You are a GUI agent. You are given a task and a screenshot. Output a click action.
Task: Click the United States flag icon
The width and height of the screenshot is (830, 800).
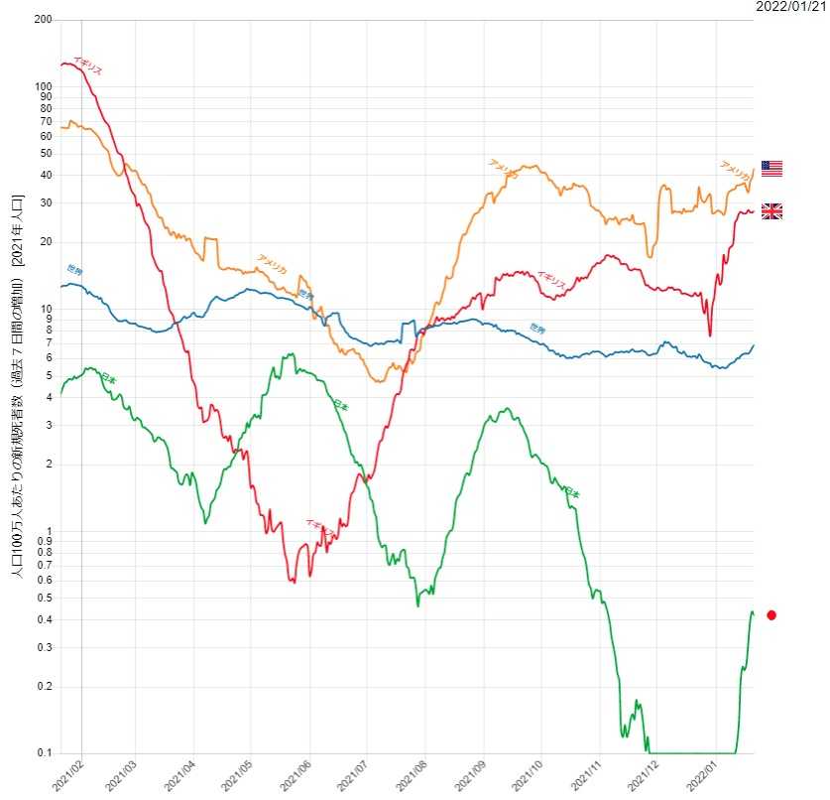tap(771, 169)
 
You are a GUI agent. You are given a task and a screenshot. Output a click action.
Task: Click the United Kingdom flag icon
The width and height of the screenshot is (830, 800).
tap(771, 210)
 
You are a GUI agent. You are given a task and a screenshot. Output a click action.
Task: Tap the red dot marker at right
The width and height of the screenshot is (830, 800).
tap(771, 615)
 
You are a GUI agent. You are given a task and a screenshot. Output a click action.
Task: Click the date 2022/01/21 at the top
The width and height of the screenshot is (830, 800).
tap(790, 8)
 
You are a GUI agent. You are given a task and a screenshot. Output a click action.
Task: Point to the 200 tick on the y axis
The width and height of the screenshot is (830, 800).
tap(43, 20)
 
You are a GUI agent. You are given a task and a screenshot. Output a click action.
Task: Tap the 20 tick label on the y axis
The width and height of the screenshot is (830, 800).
tap(45, 242)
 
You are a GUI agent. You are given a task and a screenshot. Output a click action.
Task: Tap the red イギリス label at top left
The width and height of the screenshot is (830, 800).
tap(86, 66)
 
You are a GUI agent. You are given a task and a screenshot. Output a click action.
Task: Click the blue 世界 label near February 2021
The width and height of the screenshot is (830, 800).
tap(75, 269)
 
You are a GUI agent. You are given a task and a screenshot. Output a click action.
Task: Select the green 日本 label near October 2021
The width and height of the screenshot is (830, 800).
tap(570, 491)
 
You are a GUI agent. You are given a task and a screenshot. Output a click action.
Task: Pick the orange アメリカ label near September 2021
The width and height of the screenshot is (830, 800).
tap(503, 169)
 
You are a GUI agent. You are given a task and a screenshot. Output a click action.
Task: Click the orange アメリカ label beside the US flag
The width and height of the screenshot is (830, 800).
tap(735, 171)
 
